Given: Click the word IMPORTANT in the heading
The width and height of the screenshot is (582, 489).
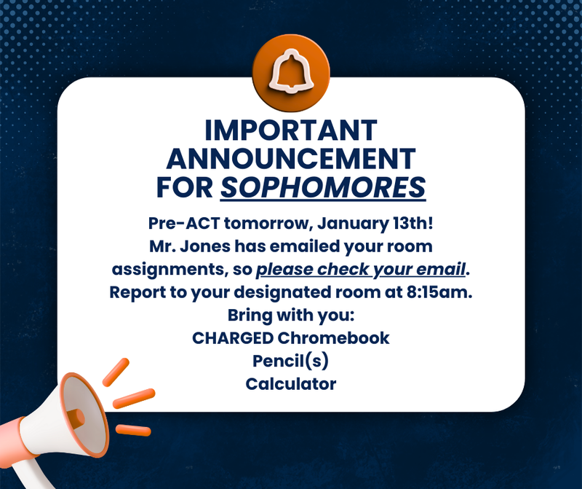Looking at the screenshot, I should point(290,130).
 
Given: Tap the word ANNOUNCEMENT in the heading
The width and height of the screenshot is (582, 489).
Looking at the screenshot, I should point(290,158).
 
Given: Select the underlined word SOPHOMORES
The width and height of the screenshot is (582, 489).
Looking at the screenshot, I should point(323,187).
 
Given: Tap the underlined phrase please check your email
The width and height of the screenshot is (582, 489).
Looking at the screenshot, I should point(360,270).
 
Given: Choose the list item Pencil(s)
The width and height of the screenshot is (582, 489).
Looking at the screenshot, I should point(290,361).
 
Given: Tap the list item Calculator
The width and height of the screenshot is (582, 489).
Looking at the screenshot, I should point(290,384).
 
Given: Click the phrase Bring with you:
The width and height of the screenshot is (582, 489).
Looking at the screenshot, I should point(290,316).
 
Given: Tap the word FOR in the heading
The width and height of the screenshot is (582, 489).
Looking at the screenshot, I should point(185,187).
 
